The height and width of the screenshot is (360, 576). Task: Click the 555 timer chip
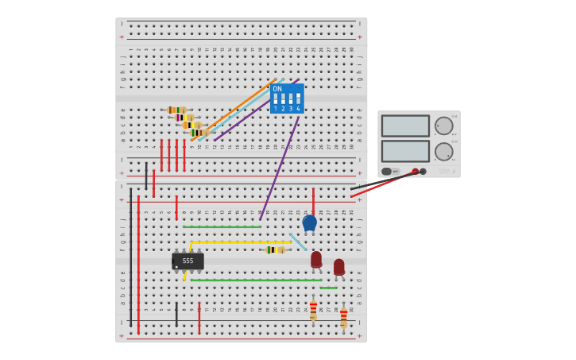coord(187,261)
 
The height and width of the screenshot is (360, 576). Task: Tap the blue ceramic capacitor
coord(309,223)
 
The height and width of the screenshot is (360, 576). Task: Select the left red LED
coord(316,259)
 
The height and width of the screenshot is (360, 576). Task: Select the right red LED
coord(339,266)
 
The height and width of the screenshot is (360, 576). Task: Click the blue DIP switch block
coord(287,99)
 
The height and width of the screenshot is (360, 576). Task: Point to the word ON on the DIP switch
coord(277,89)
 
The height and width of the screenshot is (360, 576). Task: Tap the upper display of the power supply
coord(405,126)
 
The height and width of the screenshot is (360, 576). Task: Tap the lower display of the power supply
coord(405,151)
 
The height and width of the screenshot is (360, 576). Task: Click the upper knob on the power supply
coord(443,126)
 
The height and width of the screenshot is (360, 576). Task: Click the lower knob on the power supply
coord(443,151)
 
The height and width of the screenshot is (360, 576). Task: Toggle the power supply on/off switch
coord(387,171)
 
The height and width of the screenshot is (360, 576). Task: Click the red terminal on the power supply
coord(415,171)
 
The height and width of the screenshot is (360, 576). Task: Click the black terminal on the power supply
coord(423,171)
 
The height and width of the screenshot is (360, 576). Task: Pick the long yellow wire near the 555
coord(238,242)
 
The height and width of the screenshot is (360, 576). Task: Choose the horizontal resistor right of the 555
coord(274,250)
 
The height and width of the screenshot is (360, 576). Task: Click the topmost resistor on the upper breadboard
coord(176,110)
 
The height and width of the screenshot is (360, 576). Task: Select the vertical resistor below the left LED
coord(313,311)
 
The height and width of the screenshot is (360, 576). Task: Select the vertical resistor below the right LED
coord(343,317)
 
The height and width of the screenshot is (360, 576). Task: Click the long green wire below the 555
coord(254,280)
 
